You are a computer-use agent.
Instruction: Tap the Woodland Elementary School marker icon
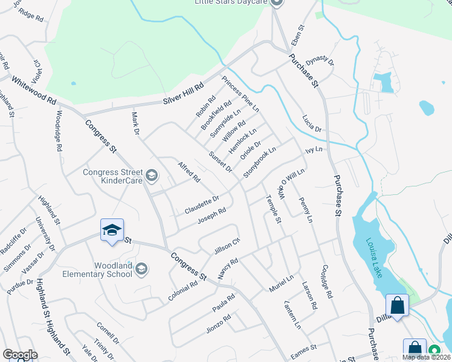click(x=141, y=269)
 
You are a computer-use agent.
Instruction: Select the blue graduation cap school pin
click(x=112, y=230)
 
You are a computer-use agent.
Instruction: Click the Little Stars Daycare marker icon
click(x=277, y=3)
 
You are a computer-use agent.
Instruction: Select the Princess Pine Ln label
click(x=240, y=94)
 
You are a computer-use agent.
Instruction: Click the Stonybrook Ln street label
click(x=260, y=162)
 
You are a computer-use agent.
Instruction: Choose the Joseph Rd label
click(x=212, y=216)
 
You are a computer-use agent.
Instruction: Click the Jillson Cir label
click(x=227, y=247)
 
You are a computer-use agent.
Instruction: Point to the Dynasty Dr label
click(x=320, y=61)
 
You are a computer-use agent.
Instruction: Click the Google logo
click(x=20, y=355)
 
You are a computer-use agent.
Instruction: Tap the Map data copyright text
click(x=426, y=357)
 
